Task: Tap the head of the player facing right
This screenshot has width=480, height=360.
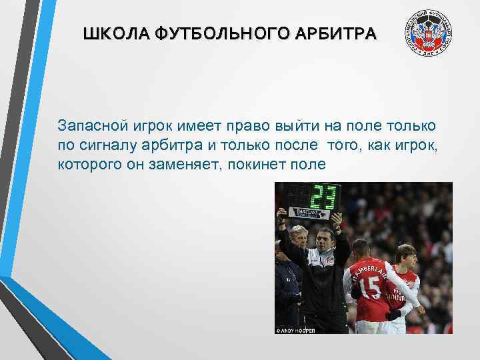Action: pyautogui.click(x=406, y=255)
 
